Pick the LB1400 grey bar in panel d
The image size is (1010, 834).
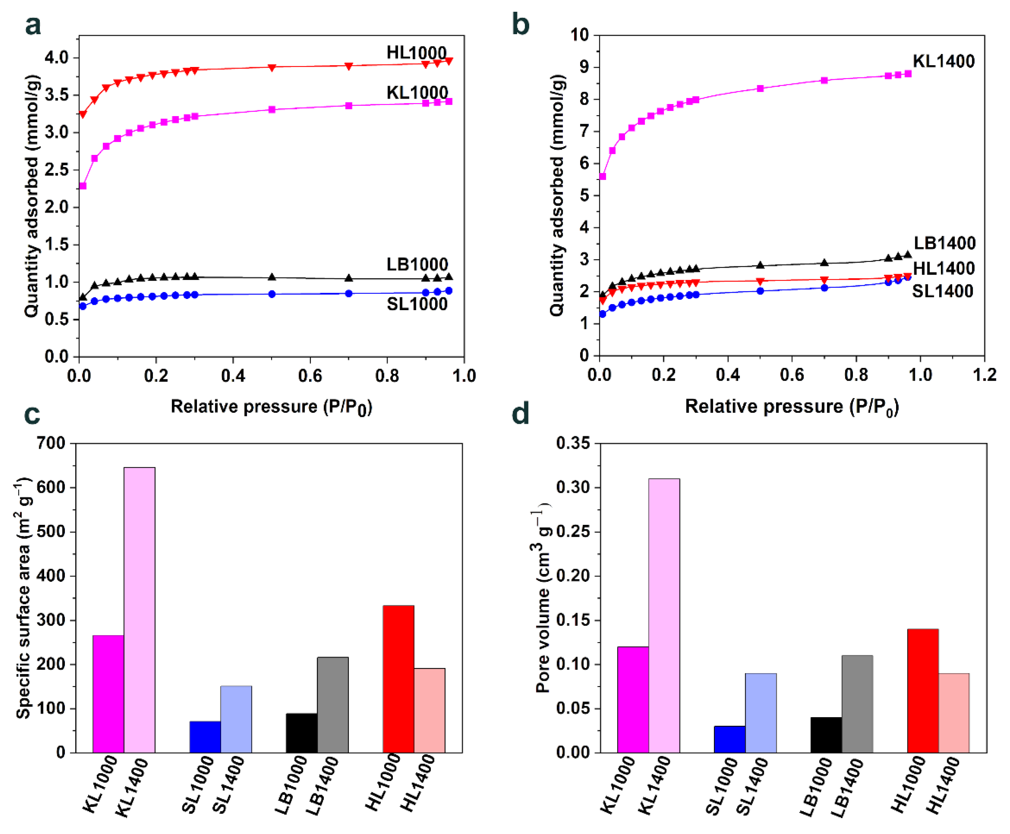pos(857,703)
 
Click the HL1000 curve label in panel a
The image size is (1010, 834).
pos(417,52)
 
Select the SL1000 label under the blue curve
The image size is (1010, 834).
pos(417,304)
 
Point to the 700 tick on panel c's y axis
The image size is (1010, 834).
pos(51,443)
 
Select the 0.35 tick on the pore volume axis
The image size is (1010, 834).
pos(573,443)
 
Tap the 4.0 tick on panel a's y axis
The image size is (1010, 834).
pos(56,58)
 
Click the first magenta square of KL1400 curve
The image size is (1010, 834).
pos(603,176)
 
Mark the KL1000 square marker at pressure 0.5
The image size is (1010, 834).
pos(272,110)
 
